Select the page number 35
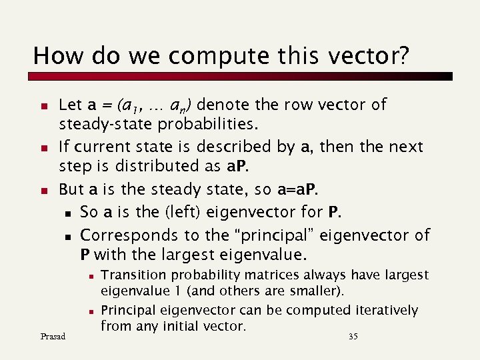point(353,337)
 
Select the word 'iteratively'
point(387,310)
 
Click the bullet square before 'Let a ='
point(43,106)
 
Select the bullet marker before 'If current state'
point(43,147)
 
